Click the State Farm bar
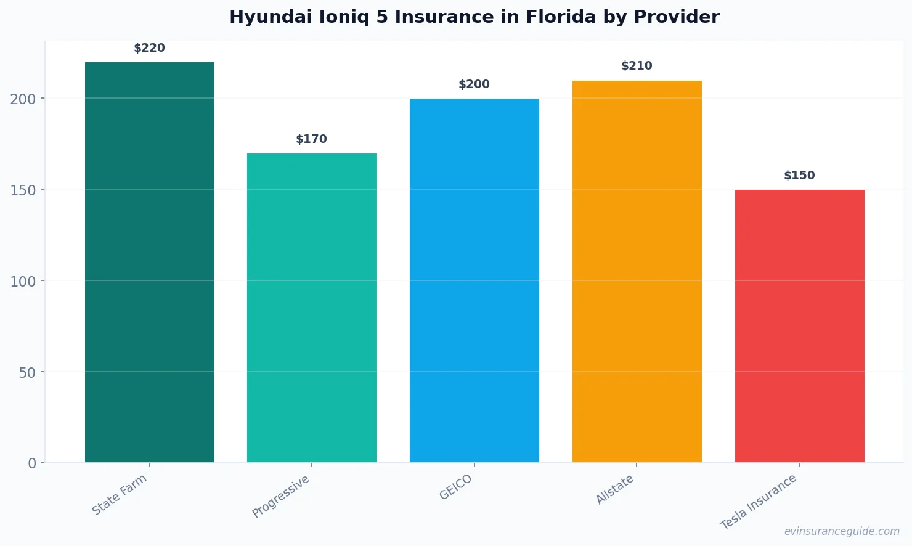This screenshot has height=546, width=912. (150, 262)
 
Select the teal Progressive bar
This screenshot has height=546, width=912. (312, 308)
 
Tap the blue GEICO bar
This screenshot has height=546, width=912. (474, 280)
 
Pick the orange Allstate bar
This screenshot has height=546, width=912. (637, 271)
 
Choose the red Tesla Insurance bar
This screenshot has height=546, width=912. (799, 326)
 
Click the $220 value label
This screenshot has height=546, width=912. (150, 48)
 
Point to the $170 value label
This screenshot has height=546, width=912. (312, 139)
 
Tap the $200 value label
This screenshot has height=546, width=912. (474, 84)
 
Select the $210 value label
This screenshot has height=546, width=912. (637, 66)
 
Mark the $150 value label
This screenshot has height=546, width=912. (799, 176)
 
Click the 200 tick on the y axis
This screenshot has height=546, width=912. (23, 99)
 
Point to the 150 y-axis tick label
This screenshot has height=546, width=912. (23, 190)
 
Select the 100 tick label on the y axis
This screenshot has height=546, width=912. (23, 281)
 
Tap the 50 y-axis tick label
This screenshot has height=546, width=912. (27, 372)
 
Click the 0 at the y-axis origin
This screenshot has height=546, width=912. (32, 463)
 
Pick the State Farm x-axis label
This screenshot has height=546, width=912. (120, 494)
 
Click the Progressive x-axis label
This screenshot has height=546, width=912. (281, 496)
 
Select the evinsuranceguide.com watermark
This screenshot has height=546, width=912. (842, 531)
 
